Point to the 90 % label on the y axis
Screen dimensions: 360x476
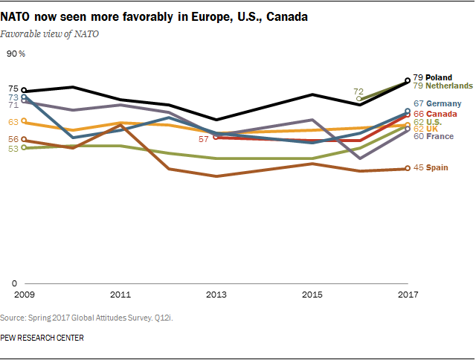click(16, 54)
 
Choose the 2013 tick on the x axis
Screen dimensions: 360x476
click(216, 295)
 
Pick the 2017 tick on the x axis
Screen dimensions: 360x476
click(408, 295)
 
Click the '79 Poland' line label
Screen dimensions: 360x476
click(432, 77)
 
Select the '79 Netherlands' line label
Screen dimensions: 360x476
click(443, 86)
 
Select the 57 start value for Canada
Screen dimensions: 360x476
click(202, 138)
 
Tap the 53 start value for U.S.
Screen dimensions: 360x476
click(13, 149)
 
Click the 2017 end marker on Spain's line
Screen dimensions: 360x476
click(408, 168)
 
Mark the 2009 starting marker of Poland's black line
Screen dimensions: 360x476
click(24, 91)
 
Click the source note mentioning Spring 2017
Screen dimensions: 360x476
click(91, 318)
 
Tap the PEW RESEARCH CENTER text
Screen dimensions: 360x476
click(42, 338)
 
